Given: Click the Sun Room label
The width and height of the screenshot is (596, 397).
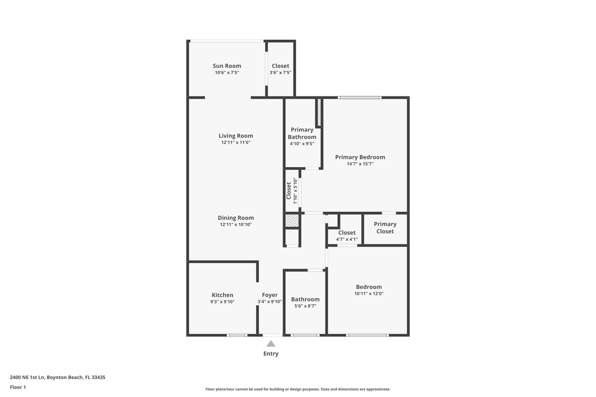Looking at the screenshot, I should (227, 66).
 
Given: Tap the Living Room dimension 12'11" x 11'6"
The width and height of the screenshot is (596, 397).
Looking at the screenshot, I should (236, 143).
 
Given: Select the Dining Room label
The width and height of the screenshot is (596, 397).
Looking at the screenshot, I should (236, 218).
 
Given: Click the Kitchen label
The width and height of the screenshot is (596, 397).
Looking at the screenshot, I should (222, 295).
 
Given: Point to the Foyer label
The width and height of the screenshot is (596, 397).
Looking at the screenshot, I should (270, 295).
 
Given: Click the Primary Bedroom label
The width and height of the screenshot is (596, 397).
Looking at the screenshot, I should (360, 157).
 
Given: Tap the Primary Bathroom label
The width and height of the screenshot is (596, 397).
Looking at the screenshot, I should (302, 133).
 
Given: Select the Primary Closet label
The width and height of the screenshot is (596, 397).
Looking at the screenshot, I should (385, 228).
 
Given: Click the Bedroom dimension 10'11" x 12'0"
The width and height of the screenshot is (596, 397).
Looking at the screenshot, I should (369, 294).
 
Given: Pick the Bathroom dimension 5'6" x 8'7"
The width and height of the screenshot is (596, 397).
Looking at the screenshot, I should (305, 306).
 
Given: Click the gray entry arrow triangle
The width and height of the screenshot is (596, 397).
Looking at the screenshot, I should (271, 344).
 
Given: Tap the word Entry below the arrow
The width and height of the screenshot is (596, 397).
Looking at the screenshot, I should (271, 354).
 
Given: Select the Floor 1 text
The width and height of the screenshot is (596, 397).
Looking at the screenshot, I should (18, 387).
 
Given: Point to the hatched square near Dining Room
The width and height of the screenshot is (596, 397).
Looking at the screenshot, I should (292, 221).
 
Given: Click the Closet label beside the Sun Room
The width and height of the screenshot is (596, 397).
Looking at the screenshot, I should (280, 66).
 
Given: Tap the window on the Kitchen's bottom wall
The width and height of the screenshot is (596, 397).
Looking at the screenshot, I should (237, 335).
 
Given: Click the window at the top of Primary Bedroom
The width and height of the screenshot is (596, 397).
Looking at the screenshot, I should (360, 98).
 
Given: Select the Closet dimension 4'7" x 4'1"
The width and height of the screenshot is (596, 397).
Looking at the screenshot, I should (347, 239).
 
